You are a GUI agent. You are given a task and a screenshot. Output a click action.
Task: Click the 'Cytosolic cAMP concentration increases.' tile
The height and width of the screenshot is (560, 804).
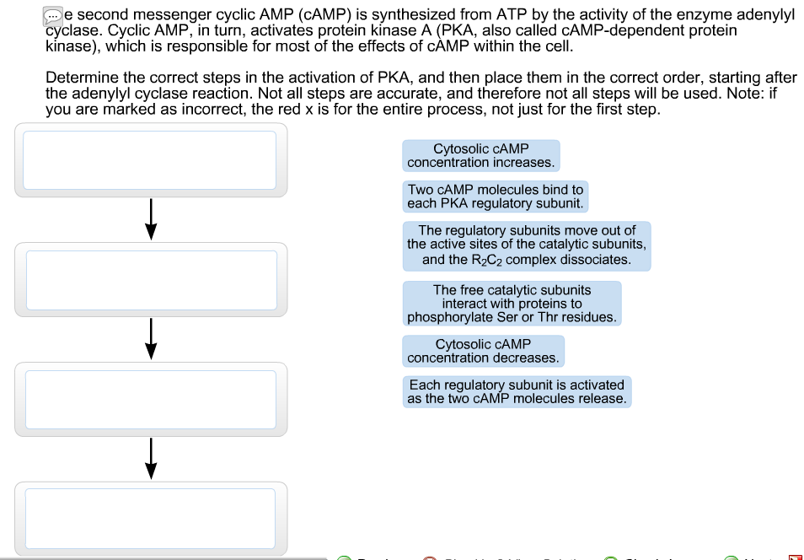pyautogui.click(x=480, y=156)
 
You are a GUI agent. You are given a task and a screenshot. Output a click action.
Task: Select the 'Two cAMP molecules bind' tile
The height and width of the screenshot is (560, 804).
pyautogui.click(x=495, y=197)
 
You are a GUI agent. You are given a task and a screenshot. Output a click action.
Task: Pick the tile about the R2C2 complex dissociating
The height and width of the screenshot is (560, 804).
pyautogui.click(x=527, y=245)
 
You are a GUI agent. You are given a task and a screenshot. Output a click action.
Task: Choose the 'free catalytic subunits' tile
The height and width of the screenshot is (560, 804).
pyautogui.click(x=512, y=304)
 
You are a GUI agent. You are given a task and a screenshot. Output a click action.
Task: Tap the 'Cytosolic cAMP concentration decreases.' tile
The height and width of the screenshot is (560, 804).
pyautogui.click(x=483, y=351)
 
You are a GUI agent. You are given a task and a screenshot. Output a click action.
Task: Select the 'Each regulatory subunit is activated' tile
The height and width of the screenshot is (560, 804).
pyautogui.click(x=517, y=391)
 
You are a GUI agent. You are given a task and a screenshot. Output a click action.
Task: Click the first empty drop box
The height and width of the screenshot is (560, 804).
pyautogui.click(x=150, y=159)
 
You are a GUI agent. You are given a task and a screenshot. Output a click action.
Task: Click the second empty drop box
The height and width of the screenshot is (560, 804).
pyautogui.click(x=150, y=279)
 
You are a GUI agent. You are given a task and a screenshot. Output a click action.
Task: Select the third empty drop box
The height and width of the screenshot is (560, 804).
pyautogui.click(x=150, y=399)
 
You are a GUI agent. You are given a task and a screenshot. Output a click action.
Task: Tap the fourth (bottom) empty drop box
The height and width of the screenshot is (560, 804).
pyautogui.click(x=150, y=518)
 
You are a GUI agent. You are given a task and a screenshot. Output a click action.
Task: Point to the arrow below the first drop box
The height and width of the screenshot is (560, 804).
pyautogui.click(x=150, y=218)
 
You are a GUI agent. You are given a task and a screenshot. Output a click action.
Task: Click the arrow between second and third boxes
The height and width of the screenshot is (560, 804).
pyautogui.click(x=150, y=338)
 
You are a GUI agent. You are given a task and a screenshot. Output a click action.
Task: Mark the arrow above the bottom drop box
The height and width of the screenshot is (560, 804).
pyautogui.click(x=150, y=458)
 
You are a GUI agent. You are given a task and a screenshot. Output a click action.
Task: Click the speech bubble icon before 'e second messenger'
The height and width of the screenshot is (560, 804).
pyautogui.click(x=53, y=15)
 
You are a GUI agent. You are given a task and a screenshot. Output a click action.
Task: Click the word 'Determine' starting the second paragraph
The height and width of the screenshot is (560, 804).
pyautogui.click(x=78, y=78)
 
